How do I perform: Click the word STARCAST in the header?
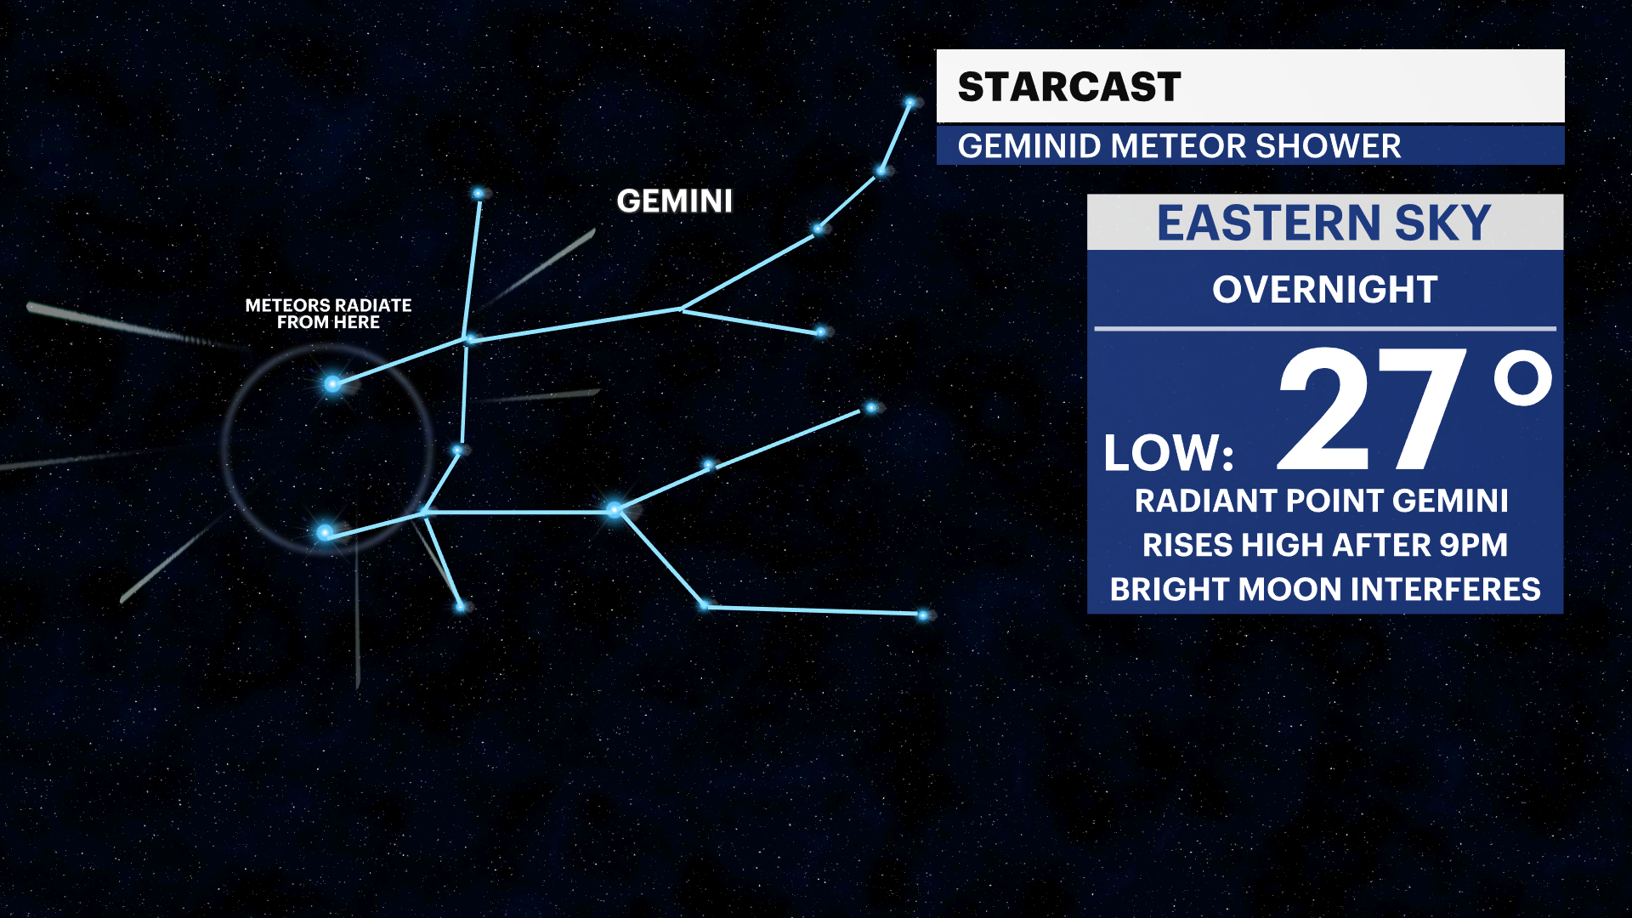(x=1068, y=87)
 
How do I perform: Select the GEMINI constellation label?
(x=674, y=201)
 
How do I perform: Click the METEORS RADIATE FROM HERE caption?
(x=328, y=314)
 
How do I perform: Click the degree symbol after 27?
(x=1523, y=379)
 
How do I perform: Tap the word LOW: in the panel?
(x=1168, y=453)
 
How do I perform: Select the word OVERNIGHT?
(x=1324, y=290)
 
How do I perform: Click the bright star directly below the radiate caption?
(x=332, y=384)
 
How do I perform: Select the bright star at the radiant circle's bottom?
(x=325, y=533)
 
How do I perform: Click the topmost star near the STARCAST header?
(x=910, y=103)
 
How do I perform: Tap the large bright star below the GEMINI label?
(x=615, y=510)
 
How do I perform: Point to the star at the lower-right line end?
(x=924, y=615)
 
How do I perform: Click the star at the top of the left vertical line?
(x=479, y=194)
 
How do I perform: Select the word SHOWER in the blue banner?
(x=1328, y=146)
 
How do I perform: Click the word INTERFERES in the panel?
(x=1445, y=589)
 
